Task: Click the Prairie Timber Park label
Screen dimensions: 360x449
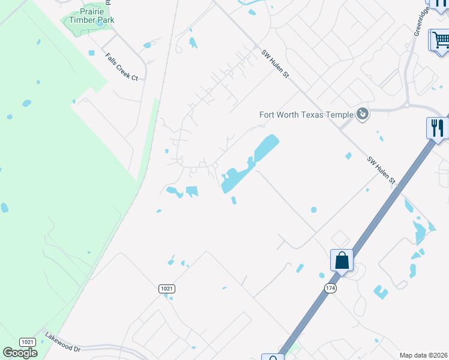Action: tap(89, 16)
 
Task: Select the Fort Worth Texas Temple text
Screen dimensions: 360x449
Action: tap(306, 114)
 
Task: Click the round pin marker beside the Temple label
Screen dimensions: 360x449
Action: tap(362, 113)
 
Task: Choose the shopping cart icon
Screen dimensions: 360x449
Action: tap(440, 40)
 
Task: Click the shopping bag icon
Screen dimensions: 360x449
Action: tap(342, 260)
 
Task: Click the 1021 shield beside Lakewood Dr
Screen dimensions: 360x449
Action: tap(27, 342)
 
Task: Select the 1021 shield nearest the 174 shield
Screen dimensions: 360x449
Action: tap(167, 289)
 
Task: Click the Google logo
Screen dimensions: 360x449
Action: tap(20, 353)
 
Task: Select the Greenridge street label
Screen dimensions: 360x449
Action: tap(419, 24)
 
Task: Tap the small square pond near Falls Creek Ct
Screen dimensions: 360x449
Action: tap(91, 53)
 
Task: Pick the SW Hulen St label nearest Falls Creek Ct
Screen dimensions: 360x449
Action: tap(275, 64)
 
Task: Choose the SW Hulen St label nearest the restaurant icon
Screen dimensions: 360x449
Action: tap(382, 170)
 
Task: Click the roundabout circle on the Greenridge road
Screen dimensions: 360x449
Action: tap(407, 105)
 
